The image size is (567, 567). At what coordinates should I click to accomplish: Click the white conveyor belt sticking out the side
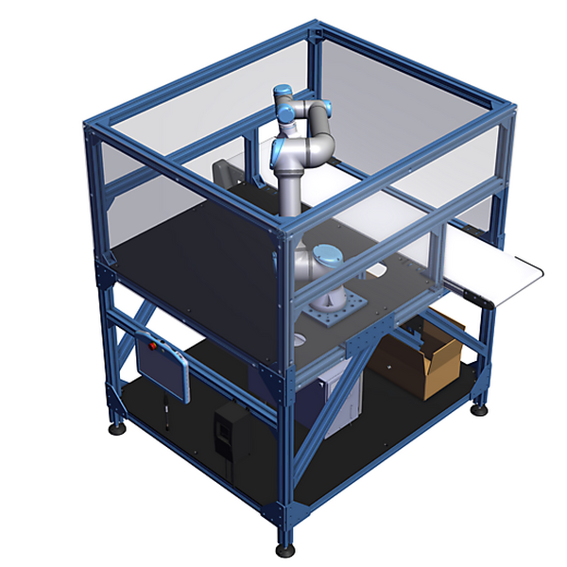pos(496,268)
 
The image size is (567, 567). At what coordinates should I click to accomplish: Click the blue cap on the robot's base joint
pos(326,256)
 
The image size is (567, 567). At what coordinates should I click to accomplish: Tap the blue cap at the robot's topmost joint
pos(283,94)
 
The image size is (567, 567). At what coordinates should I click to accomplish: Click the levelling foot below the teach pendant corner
pos(117,427)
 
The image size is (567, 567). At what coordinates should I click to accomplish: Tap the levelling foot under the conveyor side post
pos(481,409)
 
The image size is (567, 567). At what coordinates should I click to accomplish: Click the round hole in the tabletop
pos(300,338)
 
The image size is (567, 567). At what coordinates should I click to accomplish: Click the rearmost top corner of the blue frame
pos(316,33)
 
